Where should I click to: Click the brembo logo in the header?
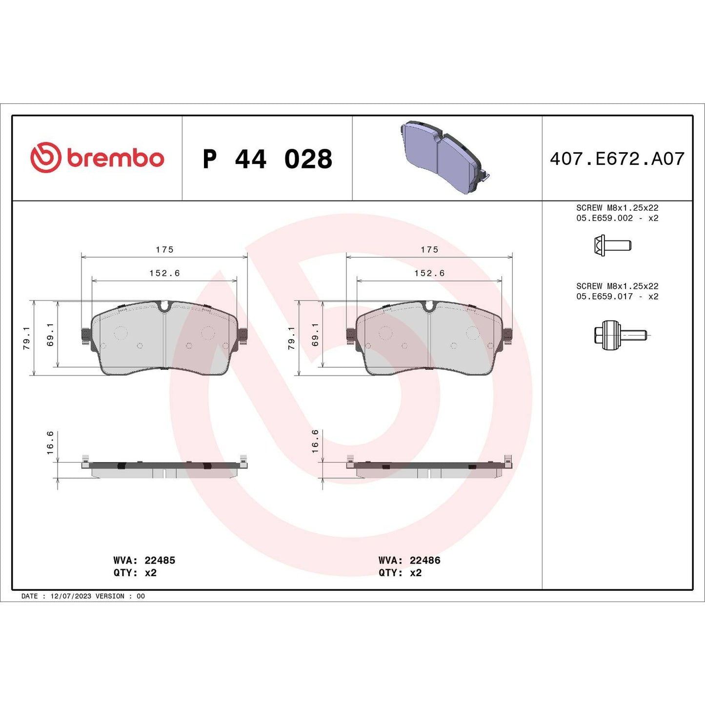point(97,158)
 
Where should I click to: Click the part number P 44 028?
point(267,159)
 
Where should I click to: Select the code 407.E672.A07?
point(617,159)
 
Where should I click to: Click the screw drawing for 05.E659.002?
point(612,245)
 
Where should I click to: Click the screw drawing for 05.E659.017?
point(620,335)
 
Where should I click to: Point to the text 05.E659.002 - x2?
point(617,218)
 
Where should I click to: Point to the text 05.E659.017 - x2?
point(617,296)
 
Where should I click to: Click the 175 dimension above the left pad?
point(164,249)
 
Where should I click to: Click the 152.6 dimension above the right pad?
point(429,273)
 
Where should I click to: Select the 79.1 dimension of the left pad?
point(26,338)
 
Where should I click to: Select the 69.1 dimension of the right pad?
point(315,334)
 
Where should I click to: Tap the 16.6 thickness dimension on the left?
point(50,443)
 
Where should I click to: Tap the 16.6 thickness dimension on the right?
point(315,441)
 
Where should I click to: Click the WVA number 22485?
point(160,560)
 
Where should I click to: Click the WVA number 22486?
point(424,560)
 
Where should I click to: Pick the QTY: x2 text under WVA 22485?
point(135,573)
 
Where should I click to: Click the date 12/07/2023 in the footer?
point(71,596)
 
